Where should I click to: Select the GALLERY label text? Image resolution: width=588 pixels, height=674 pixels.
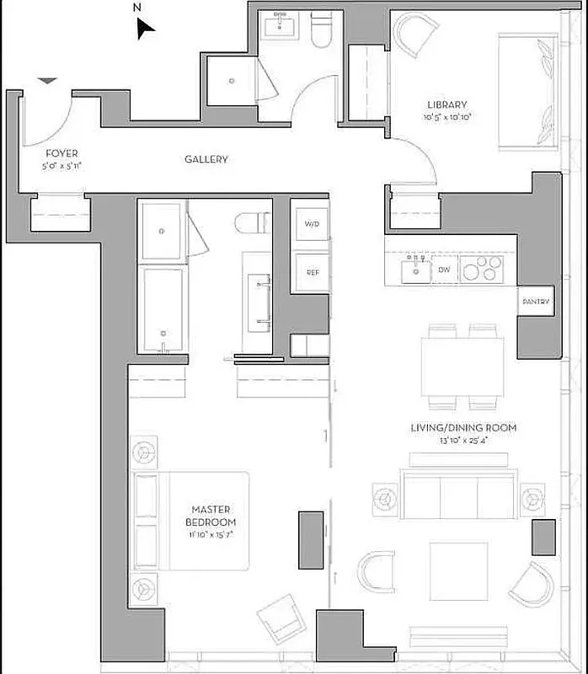[206, 159]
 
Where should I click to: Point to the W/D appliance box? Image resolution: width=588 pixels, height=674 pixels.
[312, 225]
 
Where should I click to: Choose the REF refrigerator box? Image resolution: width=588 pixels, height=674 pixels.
[312, 272]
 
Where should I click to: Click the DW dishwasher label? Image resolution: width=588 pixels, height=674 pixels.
[444, 270]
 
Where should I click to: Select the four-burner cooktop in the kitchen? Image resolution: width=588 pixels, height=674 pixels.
[484, 270]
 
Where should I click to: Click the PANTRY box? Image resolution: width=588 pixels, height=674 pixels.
[535, 302]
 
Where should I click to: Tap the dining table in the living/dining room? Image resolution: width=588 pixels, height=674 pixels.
[462, 366]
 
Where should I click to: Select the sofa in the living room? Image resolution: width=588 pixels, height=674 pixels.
[459, 495]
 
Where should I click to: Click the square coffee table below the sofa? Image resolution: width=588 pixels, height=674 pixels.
[458, 571]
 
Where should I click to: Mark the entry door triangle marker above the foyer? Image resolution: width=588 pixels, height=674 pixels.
[48, 81]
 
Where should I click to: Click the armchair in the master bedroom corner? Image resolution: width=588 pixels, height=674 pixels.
[282, 618]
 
